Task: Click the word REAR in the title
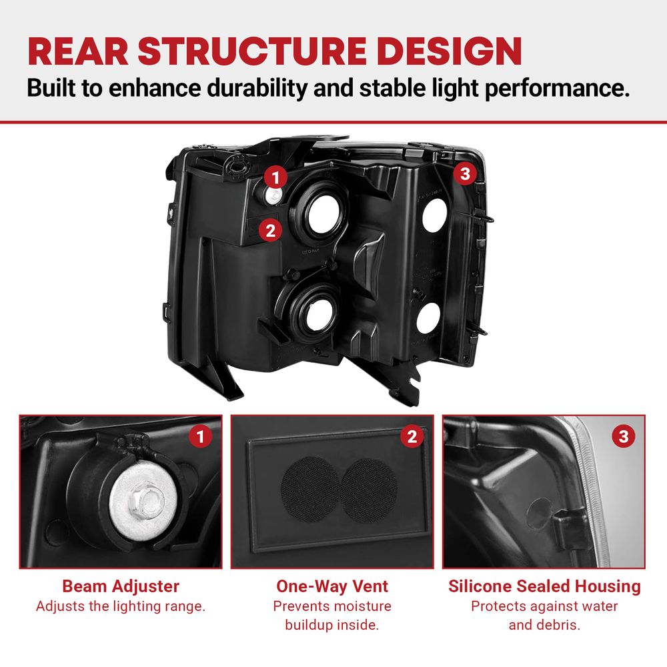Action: (x=78, y=51)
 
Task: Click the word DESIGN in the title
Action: (x=449, y=51)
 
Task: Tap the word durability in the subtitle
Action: (x=257, y=88)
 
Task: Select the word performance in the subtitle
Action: (x=557, y=89)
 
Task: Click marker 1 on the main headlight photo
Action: (x=275, y=177)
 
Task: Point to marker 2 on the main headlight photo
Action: (x=270, y=231)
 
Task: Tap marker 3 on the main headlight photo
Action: (x=465, y=173)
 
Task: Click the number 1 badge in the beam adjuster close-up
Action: (x=200, y=436)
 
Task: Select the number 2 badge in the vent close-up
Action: (x=412, y=436)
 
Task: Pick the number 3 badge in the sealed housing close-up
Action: (x=624, y=436)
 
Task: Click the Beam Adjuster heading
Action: (x=121, y=586)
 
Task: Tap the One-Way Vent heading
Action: (x=332, y=586)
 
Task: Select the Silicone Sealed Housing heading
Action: (x=544, y=586)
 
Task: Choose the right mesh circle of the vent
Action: (x=370, y=490)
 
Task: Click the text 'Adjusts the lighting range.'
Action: (x=121, y=606)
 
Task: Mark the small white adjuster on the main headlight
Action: (x=273, y=195)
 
